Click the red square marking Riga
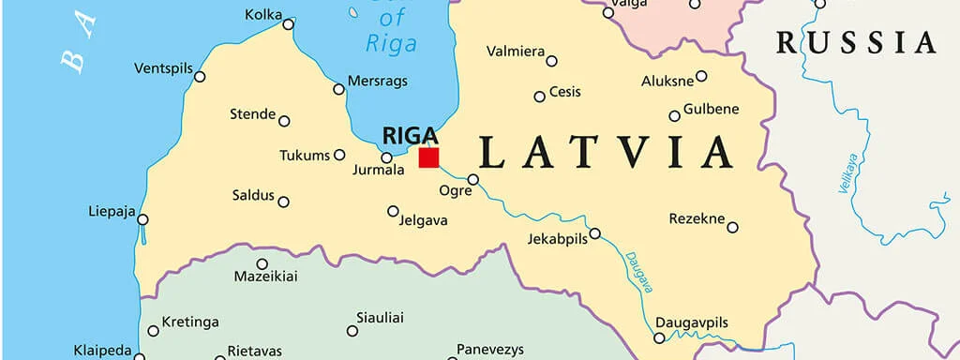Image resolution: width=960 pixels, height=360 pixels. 428,157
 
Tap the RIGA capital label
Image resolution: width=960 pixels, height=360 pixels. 410,136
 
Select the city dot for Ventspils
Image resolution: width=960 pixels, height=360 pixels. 200,76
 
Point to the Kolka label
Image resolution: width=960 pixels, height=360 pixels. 263,14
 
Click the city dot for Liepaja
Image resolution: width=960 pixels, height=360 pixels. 142,219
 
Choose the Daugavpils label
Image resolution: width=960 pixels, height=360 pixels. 691,323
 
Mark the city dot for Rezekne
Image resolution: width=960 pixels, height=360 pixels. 732,227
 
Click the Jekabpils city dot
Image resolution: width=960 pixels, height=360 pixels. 594,232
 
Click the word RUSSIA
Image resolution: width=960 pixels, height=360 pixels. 856,42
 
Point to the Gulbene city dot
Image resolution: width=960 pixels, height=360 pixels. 674,116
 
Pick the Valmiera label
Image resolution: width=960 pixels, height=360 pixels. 515,51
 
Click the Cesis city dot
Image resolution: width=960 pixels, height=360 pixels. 539,97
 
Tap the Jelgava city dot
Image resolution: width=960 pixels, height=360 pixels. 393,211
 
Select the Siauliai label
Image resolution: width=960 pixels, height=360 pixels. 380,319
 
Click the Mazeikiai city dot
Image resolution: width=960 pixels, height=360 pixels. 262,264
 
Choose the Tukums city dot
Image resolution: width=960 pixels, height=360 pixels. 339,155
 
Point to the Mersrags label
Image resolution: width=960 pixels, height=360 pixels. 378,82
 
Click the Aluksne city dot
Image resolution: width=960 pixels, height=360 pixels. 701,76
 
